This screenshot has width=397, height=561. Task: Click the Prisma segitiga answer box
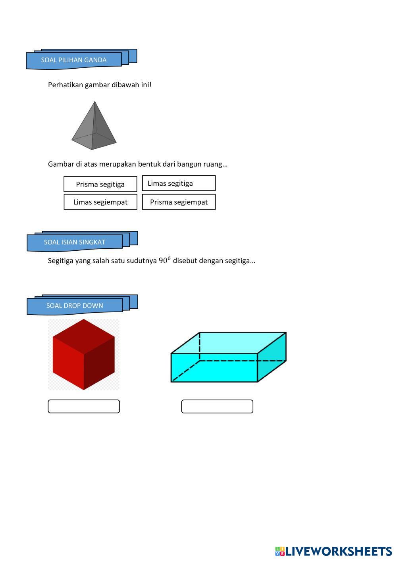click(x=100, y=184)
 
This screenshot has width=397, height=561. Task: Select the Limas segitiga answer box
click(x=179, y=183)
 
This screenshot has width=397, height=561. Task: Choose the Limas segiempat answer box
click(x=100, y=202)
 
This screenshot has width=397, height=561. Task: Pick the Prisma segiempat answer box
click(x=179, y=202)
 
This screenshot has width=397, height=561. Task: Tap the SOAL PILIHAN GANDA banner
click(x=74, y=60)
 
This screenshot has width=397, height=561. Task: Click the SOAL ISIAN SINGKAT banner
click(x=75, y=242)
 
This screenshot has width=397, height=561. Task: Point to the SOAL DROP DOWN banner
click(x=75, y=305)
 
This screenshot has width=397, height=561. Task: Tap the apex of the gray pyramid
click(x=94, y=102)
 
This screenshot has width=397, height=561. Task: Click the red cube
click(x=83, y=354)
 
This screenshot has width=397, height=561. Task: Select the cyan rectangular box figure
click(x=228, y=357)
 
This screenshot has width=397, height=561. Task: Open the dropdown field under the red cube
click(x=84, y=406)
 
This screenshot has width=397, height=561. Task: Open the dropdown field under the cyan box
click(x=217, y=406)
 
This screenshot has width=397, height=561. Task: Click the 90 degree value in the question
click(x=164, y=260)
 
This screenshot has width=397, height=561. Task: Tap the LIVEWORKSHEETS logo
click(x=333, y=551)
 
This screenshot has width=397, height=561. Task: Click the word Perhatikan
click(x=66, y=85)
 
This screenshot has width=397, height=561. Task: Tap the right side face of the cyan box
click(x=272, y=357)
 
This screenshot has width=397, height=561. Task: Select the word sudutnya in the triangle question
click(x=142, y=261)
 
